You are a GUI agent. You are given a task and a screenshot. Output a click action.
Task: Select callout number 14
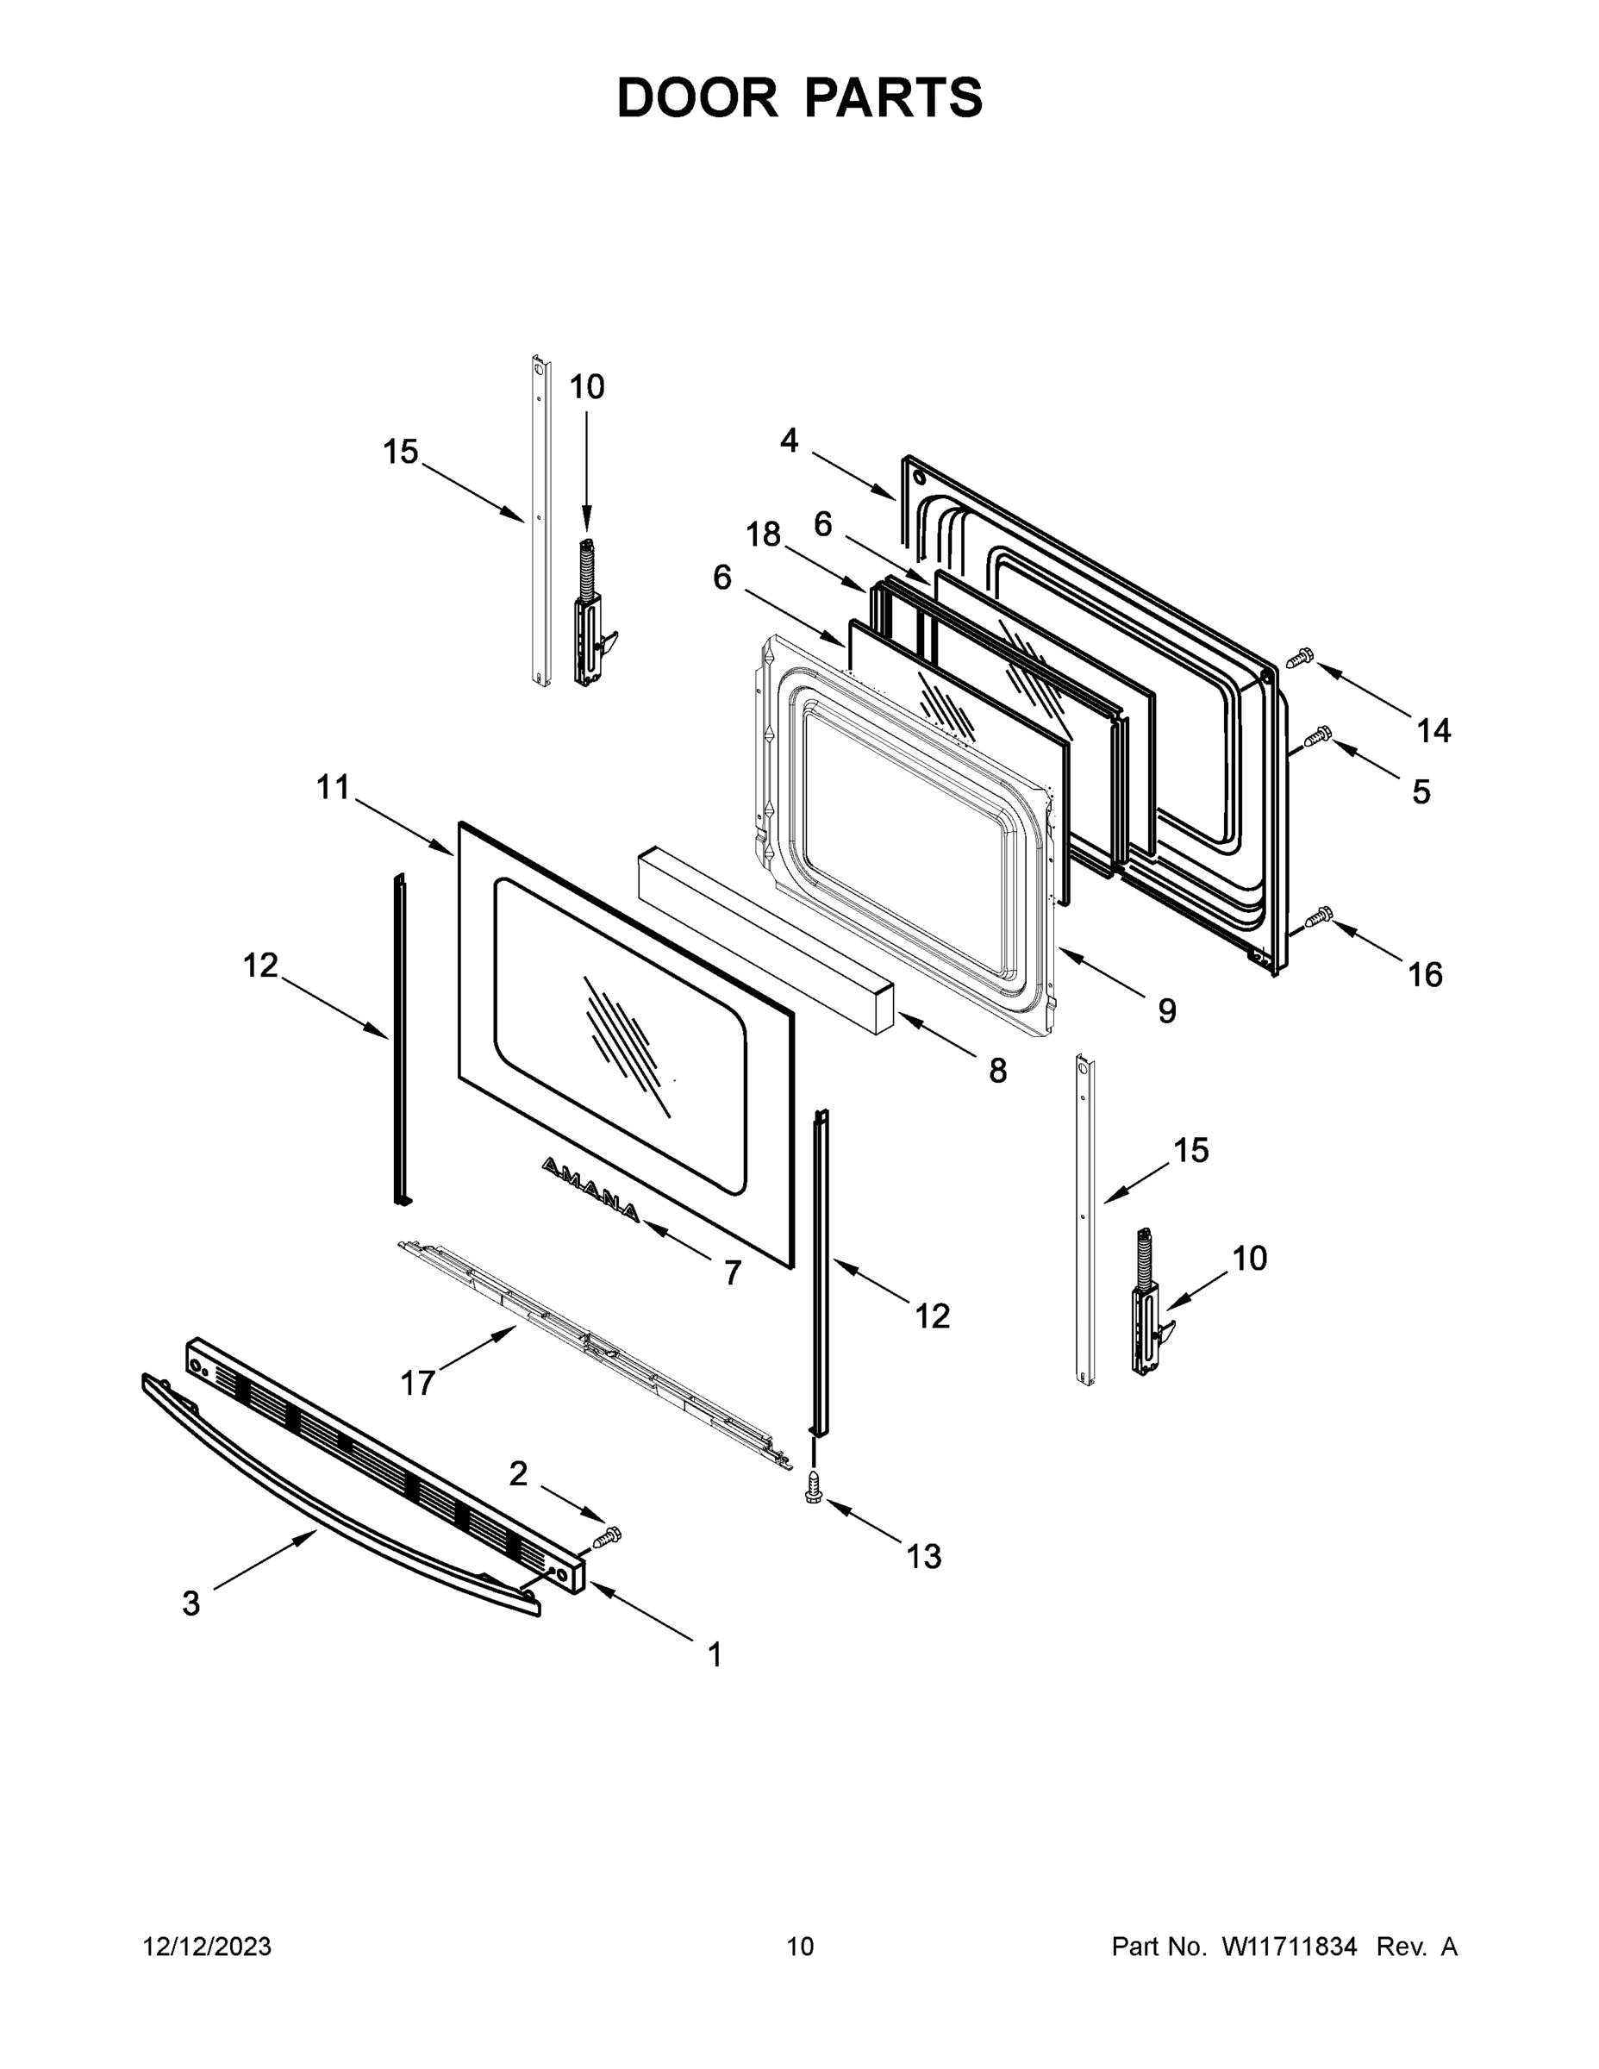click(x=1433, y=730)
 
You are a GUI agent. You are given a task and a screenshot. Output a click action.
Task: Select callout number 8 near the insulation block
click(x=997, y=1072)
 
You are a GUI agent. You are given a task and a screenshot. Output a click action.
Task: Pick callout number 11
click(x=333, y=786)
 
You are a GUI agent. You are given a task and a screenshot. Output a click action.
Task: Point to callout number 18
click(x=763, y=534)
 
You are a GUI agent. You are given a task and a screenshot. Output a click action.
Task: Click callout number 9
click(x=1167, y=1011)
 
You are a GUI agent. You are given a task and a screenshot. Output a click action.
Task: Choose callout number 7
click(x=732, y=1272)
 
